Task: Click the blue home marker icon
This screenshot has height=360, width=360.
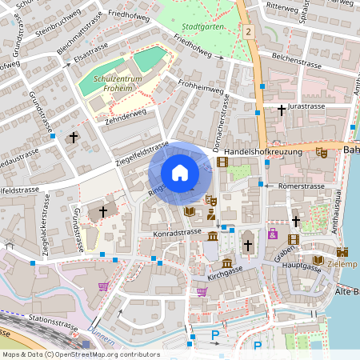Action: tap(180, 173)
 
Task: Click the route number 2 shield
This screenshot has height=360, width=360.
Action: tap(250, 32)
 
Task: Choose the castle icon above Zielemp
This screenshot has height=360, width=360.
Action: tap(346, 250)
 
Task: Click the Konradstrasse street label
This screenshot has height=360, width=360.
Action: tap(176, 232)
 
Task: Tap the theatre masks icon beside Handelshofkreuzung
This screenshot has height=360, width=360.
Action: tap(322, 152)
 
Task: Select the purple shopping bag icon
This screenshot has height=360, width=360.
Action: tap(273, 234)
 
